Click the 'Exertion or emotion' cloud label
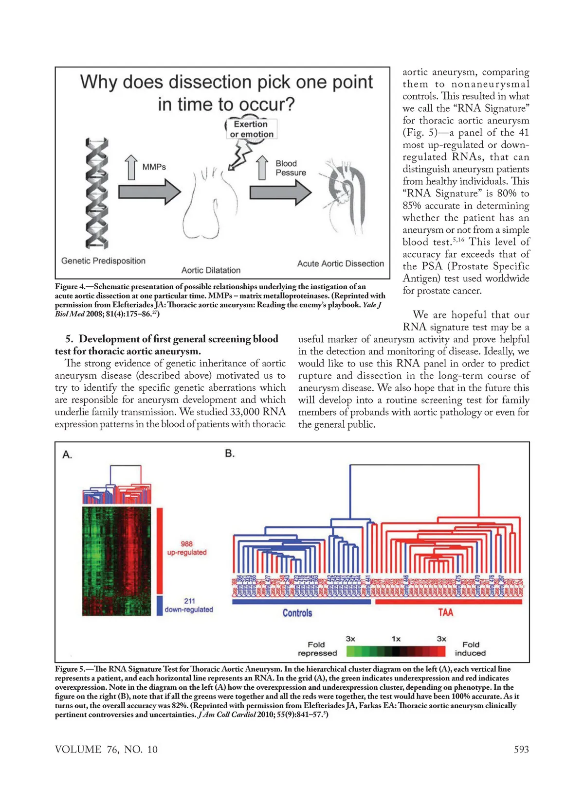tap(252, 129)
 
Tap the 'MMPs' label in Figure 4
tap(154, 167)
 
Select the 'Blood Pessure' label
tap(291, 168)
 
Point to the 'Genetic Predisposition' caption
tap(103, 261)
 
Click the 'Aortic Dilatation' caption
tap(211, 270)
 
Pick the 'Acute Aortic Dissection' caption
tap(340, 263)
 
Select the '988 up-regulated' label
tap(187, 548)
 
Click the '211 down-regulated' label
tap(189, 606)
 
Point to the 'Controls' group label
tap(297, 613)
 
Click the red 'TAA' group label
tap(445, 612)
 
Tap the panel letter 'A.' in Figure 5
tap(68, 455)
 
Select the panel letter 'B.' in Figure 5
tap(230, 453)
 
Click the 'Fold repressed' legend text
tap(317, 649)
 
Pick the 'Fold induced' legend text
tap(470, 649)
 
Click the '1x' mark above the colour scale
tap(396, 639)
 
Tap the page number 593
tap(521, 750)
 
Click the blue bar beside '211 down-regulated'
tap(160, 606)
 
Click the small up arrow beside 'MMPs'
tap(131, 167)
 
